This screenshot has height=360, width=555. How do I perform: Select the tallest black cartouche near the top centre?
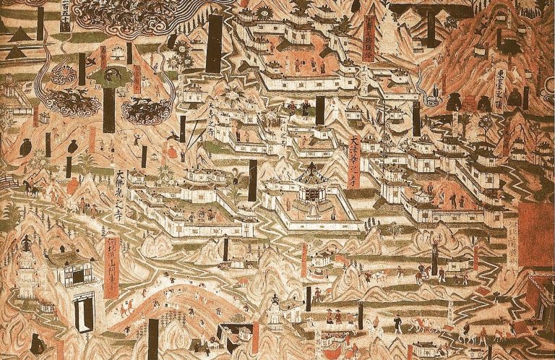click(x=214, y=43)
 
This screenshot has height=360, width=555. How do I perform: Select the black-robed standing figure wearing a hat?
click(x=316, y=294)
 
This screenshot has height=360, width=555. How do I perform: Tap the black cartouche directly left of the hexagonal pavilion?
click(x=253, y=181)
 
